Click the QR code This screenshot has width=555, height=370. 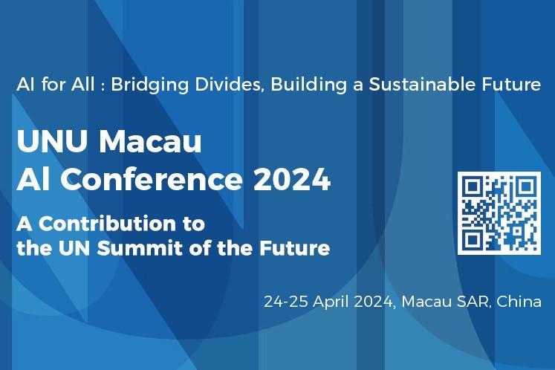click(x=499, y=213)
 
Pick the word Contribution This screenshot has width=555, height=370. click(x=120, y=223)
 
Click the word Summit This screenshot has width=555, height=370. click(x=142, y=247)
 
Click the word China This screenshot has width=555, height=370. click(x=519, y=302)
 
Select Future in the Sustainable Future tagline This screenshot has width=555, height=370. click(x=511, y=84)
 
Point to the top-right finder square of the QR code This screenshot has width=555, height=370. click(x=526, y=186)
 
